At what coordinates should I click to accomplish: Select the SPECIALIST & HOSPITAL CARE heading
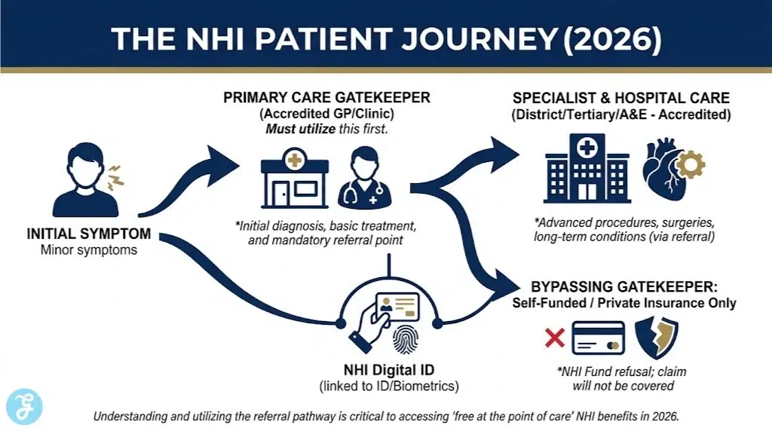(620, 99)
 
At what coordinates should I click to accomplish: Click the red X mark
(554, 338)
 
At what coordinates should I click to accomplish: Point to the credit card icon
(598, 338)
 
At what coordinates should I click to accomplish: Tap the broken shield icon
(656, 337)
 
